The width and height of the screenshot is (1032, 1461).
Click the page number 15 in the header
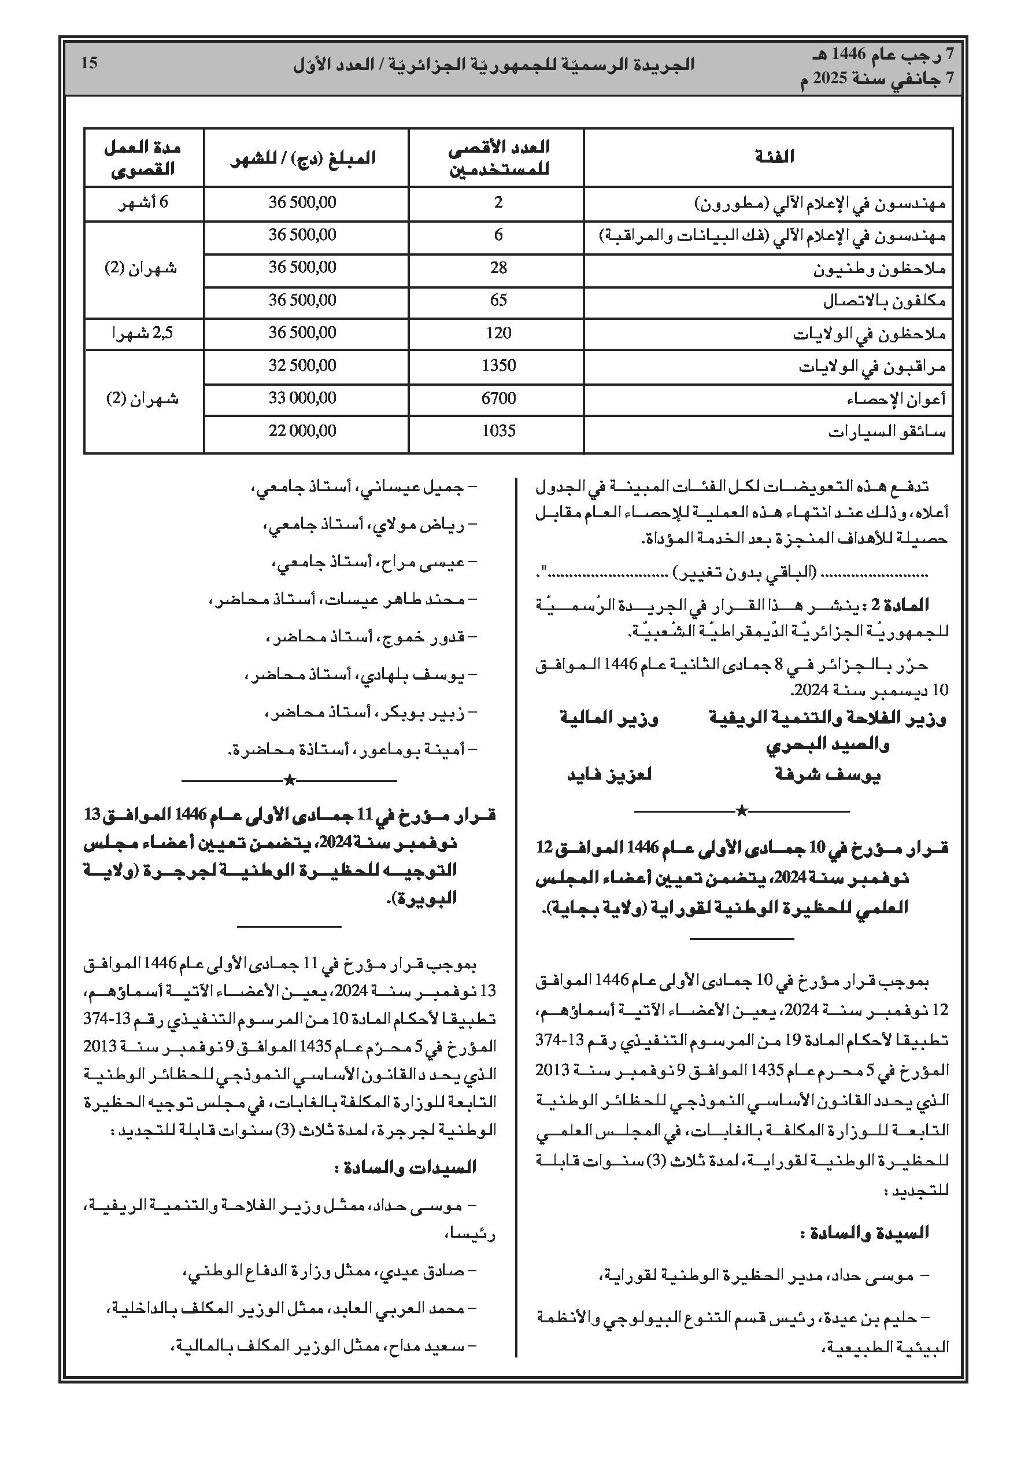coord(90,64)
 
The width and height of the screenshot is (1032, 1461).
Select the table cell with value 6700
coord(498,399)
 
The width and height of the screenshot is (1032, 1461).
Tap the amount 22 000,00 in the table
coord(302,431)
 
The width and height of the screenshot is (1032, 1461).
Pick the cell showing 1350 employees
coord(498,366)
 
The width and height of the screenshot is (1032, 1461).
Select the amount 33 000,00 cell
coord(302,399)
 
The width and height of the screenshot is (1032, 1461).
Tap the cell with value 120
coord(498,333)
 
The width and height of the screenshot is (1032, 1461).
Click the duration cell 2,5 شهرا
coord(143,333)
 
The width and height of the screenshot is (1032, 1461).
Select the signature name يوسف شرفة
coord(828,775)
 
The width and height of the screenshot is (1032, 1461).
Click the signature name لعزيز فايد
coord(609,775)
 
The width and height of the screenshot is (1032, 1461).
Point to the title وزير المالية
coord(609,718)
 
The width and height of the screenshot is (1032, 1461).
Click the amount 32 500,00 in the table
coord(302,366)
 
